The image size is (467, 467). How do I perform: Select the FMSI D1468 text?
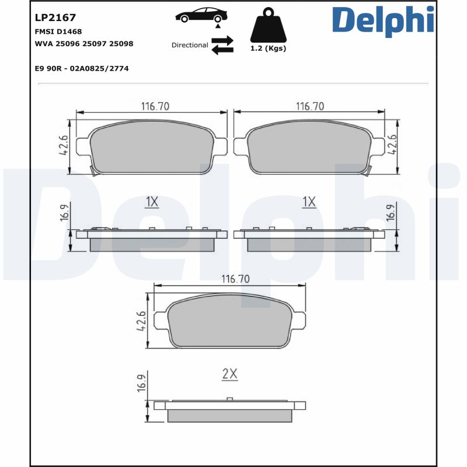(x=58, y=32)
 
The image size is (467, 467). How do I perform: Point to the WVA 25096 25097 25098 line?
(x=84, y=44)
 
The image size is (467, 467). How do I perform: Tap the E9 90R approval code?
(x=82, y=68)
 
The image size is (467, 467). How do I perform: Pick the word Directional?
(x=190, y=45)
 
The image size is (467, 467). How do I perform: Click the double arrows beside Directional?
(x=222, y=45)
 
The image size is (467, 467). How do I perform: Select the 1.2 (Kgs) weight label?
(x=268, y=48)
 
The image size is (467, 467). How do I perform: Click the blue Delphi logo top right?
(x=383, y=19)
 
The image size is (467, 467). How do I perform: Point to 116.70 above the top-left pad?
(x=155, y=106)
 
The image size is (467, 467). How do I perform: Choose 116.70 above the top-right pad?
(x=310, y=106)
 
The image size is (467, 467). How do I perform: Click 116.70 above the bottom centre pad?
(x=235, y=279)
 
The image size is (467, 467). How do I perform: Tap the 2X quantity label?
(x=230, y=374)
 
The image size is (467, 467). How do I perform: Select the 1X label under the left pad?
(x=152, y=202)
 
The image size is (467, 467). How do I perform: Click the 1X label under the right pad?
(x=309, y=202)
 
